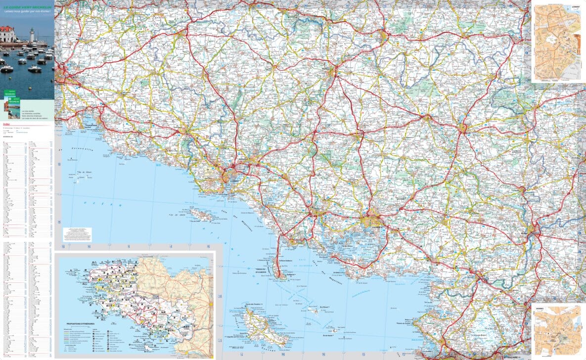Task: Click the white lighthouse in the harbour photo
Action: click(x=32, y=36)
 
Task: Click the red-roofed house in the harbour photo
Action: click(x=7, y=34)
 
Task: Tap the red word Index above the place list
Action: click(x=6, y=125)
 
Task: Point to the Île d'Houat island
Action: click(x=313, y=310)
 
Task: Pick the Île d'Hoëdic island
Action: click(x=336, y=329)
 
